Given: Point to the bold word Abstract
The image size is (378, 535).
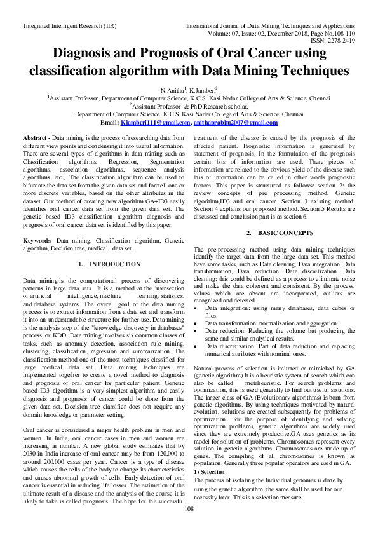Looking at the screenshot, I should (36, 138).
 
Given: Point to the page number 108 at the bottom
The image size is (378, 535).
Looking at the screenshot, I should (189, 526).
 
